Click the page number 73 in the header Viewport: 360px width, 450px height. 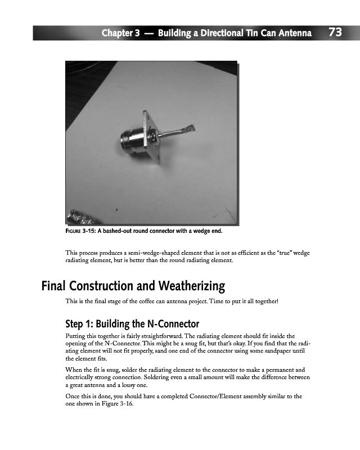[335, 33]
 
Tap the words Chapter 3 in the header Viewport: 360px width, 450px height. [120, 33]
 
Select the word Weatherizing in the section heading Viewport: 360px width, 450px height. [184, 286]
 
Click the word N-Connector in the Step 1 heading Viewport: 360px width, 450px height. [168, 324]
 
